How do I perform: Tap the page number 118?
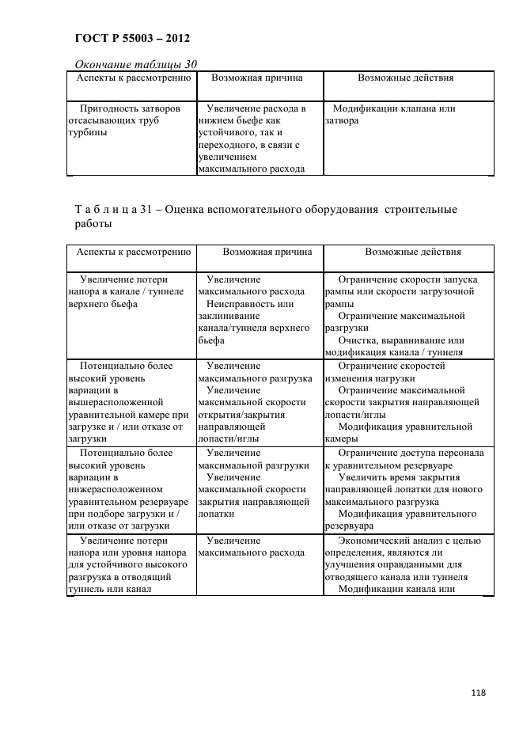pyautogui.click(x=477, y=693)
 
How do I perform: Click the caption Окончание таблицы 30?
pyautogui.click(x=135, y=64)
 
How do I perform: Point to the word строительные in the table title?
pyautogui.click(x=419, y=210)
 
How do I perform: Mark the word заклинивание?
pyautogui.click(x=230, y=316)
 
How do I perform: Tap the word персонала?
pyautogui.click(x=451, y=453)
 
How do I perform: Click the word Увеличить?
pyautogui.click(x=360, y=477)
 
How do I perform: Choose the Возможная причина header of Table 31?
pyautogui.click(x=267, y=252)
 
